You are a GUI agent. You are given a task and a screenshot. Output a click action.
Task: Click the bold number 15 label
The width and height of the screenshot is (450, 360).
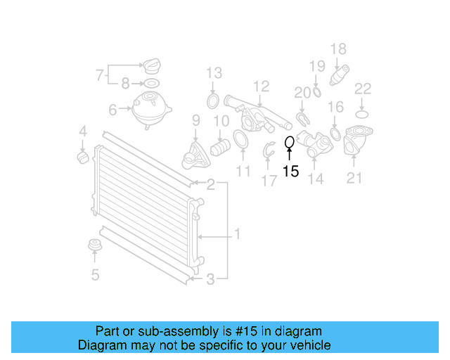point(290,172)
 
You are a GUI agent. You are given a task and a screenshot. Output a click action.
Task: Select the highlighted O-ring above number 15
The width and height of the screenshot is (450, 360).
point(289,143)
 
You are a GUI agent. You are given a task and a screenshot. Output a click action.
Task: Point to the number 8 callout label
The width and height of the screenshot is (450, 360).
point(125,84)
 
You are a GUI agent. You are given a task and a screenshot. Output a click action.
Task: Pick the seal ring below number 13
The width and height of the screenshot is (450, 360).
point(213,103)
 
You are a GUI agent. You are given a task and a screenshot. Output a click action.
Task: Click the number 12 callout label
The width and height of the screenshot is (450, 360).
point(262,86)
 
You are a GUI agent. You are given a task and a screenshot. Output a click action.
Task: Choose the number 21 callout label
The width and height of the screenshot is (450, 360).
point(354,178)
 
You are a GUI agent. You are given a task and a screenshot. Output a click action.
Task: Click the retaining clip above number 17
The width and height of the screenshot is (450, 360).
point(269,150)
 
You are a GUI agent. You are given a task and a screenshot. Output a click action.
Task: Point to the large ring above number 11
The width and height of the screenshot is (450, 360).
point(240,140)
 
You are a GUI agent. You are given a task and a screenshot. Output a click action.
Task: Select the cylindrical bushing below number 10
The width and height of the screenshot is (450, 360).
point(221,148)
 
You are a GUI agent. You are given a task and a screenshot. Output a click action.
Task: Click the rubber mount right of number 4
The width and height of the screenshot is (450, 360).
point(82,155)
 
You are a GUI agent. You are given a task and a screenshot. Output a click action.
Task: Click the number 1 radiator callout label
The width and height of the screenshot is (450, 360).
point(237,234)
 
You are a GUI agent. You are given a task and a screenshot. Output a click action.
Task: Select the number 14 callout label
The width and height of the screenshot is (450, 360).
point(316,179)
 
